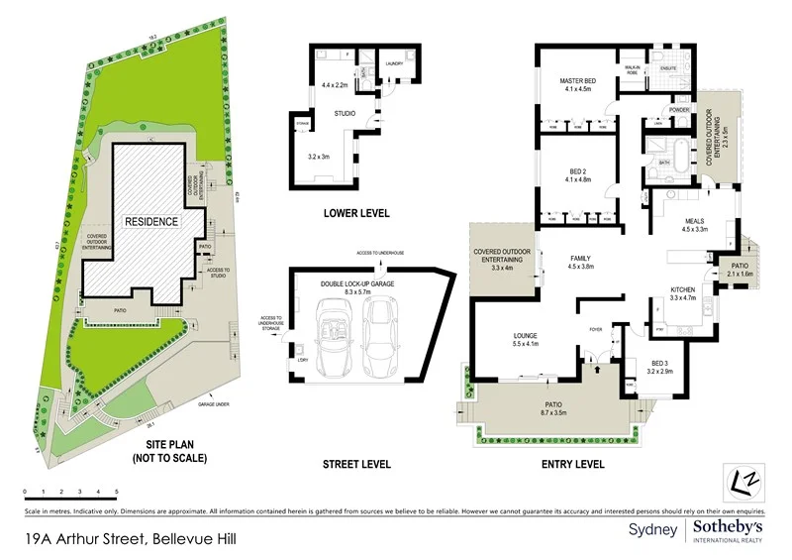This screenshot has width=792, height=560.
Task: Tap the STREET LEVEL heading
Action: point(356,464)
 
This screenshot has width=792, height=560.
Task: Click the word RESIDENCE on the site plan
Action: point(151,221)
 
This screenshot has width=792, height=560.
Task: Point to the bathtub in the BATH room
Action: point(657,164)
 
